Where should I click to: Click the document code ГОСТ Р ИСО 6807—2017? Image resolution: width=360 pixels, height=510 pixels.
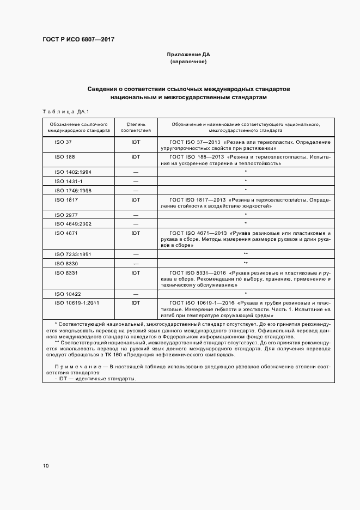(x=78, y=39)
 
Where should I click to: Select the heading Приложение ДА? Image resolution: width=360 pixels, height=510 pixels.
(x=188, y=54)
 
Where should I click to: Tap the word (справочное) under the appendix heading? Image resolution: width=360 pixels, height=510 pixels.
(x=188, y=62)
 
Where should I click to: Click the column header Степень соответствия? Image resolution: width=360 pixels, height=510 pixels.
(x=136, y=127)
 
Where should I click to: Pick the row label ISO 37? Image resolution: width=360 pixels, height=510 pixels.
(x=63, y=142)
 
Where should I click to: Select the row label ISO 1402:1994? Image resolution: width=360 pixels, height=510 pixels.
(x=73, y=172)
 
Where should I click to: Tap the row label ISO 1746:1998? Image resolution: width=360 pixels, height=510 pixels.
(x=73, y=190)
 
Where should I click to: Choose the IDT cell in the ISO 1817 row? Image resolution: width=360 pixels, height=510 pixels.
(x=136, y=200)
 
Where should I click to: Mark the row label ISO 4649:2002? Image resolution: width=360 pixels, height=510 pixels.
(x=73, y=223)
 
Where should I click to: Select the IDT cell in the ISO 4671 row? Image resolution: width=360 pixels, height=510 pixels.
(x=136, y=233)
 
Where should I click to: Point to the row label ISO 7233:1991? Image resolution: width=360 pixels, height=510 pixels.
(x=73, y=254)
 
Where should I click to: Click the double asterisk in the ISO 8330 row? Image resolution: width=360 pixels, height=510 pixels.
(x=246, y=263)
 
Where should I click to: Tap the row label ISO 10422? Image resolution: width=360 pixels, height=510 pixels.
(x=67, y=293)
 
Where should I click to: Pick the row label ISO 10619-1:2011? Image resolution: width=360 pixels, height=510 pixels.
(x=76, y=302)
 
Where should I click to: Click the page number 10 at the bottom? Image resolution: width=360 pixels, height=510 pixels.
(x=46, y=465)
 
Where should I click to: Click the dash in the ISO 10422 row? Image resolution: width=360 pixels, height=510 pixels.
(x=136, y=293)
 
